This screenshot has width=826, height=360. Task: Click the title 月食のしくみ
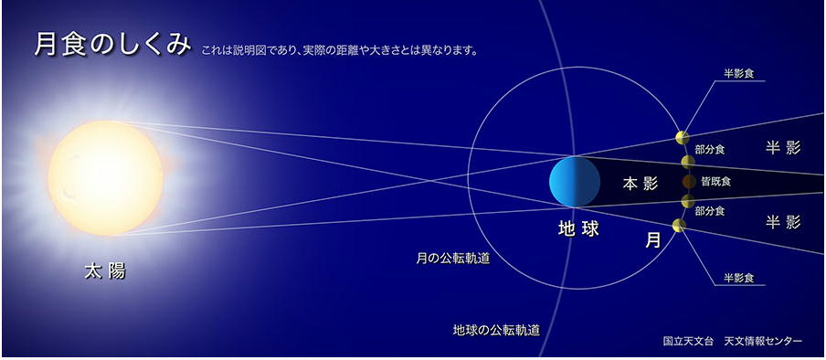[112, 46]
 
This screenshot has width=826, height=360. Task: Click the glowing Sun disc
[105, 177]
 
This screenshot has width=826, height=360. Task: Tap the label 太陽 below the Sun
[105, 271]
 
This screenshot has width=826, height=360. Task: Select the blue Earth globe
[574, 181]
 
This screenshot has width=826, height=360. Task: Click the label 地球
[578, 228]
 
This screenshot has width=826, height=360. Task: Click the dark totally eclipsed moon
[689, 182]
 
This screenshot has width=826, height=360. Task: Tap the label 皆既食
[715, 182]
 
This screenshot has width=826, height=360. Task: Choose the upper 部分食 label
[710, 150]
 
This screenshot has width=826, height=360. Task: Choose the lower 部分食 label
[710, 211]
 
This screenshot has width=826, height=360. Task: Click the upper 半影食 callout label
[738, 74]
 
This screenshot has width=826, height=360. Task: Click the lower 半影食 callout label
[738, 279]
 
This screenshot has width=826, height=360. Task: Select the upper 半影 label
[783, 149]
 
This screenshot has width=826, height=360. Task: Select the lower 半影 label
[783, 222]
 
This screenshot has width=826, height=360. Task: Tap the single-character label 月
[653, 240]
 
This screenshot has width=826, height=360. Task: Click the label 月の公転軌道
[453, 259]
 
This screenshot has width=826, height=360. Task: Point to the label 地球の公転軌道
[496, 331]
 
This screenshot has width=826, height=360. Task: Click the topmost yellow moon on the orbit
[683, 138]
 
